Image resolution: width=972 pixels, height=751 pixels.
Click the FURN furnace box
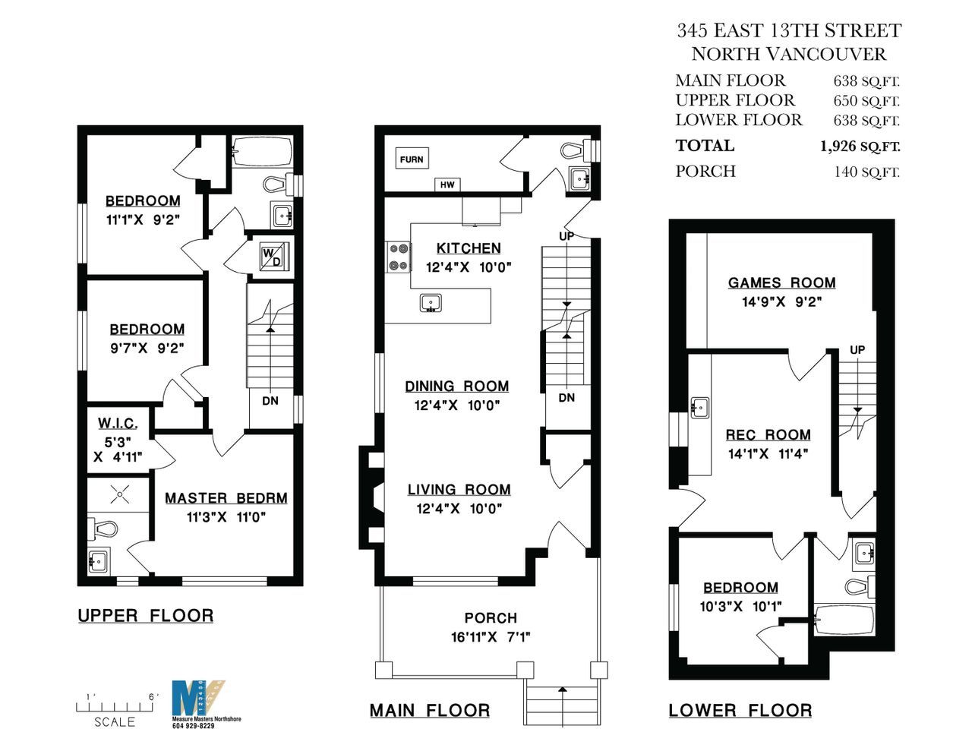(412, 159)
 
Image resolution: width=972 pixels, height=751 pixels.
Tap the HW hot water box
(447, 185)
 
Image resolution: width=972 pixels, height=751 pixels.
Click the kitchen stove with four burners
(399, 257)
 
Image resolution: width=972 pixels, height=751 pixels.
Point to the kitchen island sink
(431, 303)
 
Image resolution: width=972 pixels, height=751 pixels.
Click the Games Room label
(782, 282)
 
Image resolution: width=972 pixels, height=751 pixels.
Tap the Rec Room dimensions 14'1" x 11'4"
(768, 454)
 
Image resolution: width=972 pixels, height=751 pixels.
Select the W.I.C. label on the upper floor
(118, 423)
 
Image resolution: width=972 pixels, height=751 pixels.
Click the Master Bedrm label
(226, 498)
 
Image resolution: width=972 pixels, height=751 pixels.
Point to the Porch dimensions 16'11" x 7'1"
(491, 636)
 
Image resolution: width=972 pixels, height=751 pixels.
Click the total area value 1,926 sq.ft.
(860, 147)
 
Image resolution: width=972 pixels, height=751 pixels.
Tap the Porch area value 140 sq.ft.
(867, 172)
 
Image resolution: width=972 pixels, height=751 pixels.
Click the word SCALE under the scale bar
(115, 722)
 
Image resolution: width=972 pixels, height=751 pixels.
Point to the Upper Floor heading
(145, 616)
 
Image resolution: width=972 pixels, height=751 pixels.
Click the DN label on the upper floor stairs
(270, 401)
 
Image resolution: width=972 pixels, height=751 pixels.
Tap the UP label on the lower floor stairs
(857, 350)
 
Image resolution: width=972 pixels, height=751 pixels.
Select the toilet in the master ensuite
(103, 529)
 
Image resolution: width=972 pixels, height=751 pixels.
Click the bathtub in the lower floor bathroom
(844, 620)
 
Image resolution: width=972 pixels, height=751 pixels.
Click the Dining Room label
(456, 386)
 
